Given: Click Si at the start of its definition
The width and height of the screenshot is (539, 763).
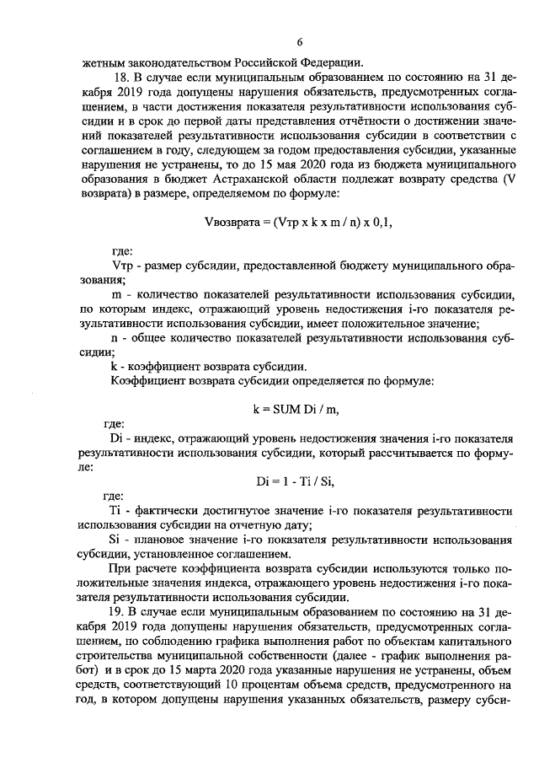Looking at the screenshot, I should click(x=116, y=540).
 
